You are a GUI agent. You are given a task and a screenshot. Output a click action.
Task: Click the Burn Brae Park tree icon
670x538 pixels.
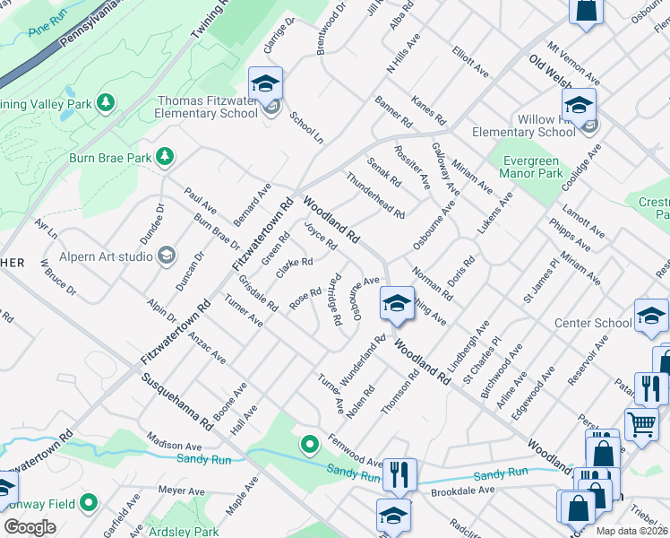point(165,158)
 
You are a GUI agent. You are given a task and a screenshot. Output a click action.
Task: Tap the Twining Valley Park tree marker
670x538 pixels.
point(106,103)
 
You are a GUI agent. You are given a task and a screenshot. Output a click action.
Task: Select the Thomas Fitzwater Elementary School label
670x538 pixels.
point(206,108)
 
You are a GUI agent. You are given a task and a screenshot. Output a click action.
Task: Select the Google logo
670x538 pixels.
point(30,527)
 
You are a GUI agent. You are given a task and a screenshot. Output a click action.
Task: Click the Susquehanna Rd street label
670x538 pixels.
point(176,401)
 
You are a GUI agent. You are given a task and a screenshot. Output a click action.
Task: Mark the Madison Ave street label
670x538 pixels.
point(176,445)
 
